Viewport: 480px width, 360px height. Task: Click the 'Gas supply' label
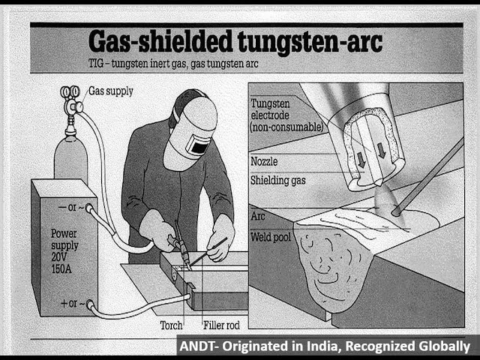pos(111,91)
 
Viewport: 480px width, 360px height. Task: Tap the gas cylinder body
pos(70,159)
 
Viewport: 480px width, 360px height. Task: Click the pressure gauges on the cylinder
pos(70,91)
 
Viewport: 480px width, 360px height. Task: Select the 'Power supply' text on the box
pos(64,239)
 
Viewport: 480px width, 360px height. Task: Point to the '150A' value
pos(61,269)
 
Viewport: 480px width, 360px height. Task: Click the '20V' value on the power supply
pos(59,256)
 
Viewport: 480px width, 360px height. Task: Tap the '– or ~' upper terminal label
pos(71,207)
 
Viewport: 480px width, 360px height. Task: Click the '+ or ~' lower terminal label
pos(73,303)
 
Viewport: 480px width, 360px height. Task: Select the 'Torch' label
pos(171,325)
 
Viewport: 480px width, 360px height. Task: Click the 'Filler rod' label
pos(221,325)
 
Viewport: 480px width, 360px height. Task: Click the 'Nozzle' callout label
pos(264,161)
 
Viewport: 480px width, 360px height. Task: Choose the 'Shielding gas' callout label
pos(278,180)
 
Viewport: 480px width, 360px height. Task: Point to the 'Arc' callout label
pos(258,216)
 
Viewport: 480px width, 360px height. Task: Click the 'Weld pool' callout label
pos(271,237)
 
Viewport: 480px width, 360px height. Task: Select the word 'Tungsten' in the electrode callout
pos(270,103)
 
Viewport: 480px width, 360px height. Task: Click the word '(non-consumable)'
pos(286,127)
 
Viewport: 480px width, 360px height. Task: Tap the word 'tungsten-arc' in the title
pos(310,42)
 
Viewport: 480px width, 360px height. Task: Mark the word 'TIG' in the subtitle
pos(96,64)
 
